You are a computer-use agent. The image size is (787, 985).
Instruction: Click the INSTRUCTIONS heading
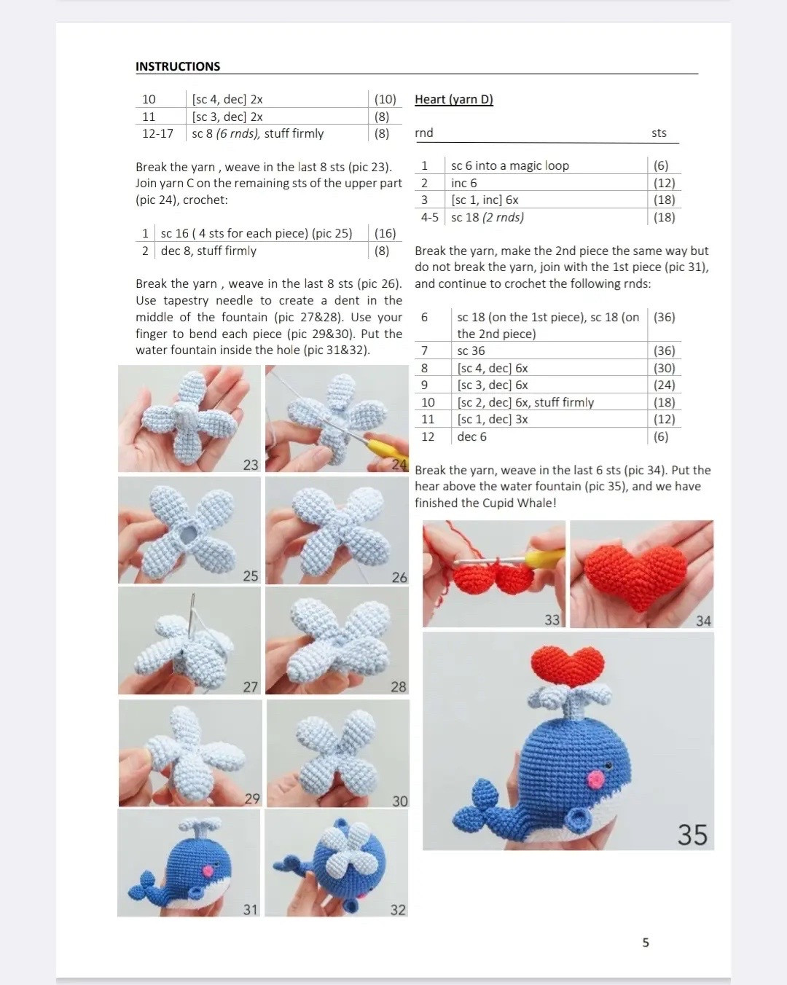178,66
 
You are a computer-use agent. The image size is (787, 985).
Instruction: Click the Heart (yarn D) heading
453,100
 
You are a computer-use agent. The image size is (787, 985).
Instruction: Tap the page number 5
646,943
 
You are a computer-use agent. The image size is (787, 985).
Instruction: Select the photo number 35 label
692,834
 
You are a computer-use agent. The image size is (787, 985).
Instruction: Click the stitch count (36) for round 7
664,351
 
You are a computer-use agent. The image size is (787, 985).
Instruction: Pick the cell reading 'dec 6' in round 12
471,437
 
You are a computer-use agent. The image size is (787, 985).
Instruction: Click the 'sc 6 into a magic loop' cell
509,166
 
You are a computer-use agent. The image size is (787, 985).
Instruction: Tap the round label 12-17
157,134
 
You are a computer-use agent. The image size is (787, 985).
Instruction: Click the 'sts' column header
659,133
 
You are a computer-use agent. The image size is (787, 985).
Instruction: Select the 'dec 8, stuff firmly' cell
208,251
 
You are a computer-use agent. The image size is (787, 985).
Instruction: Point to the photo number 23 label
251,465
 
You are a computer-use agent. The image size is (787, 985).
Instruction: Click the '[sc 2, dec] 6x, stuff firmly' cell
522,403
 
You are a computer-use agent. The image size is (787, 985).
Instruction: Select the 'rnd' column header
424,133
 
